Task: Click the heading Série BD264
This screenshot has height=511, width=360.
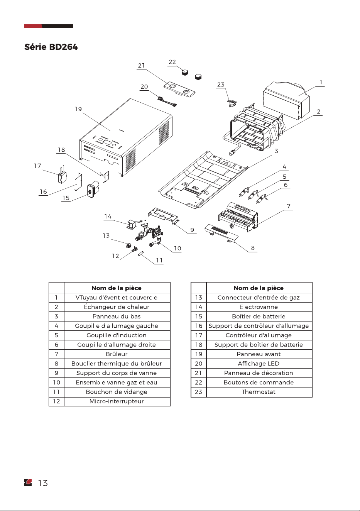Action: [x=51, y=47]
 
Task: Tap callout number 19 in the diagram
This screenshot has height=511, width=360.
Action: [x=78, y=109]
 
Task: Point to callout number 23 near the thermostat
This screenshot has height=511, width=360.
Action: [x=221, y=85]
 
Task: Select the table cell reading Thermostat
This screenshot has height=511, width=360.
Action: [x=259, y=392]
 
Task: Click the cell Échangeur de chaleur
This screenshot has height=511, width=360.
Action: [x=117, y=307]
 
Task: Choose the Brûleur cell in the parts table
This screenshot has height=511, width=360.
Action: [x=117, y=354]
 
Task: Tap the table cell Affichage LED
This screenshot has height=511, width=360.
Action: [x=259, y=364]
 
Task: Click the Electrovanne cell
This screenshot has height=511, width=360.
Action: [x=259, y=307]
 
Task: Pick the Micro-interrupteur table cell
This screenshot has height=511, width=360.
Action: [x=117, y=401]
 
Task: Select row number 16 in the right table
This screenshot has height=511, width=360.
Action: [x=199, y=326]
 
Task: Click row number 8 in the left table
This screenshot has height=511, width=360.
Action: [x=57, y=364]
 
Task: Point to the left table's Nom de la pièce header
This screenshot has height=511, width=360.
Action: [x=117, y=288]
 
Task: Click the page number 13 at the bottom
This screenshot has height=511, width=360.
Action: [x=43, y=483]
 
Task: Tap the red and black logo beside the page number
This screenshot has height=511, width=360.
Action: [x=28, y=483]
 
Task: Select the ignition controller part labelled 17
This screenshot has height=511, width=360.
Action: [x=62, y=175]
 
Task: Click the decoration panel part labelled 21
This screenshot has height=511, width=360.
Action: [x=179, y=90]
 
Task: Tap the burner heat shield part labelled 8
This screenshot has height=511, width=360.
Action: [x=221, y=233]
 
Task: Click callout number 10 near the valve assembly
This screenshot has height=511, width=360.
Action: [x=177, y=249]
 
